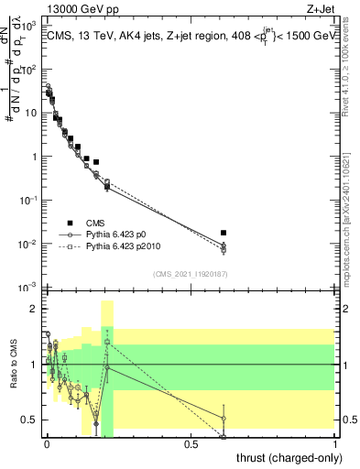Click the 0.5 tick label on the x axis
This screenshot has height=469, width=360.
(191, 443)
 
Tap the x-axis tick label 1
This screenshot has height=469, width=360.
(335, 443)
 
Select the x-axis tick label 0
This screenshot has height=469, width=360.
(47, 443)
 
